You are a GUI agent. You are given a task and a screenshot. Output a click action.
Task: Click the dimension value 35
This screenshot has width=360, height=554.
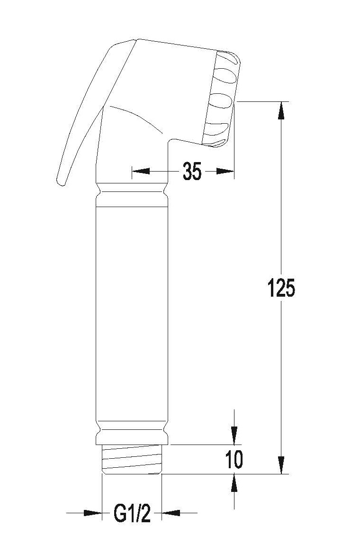192,172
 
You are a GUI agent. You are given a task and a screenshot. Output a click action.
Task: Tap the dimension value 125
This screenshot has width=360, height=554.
281,288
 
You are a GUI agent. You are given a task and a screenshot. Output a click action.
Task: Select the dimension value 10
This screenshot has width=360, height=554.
234,459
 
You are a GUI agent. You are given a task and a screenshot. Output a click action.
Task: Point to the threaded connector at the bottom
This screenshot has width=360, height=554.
132,459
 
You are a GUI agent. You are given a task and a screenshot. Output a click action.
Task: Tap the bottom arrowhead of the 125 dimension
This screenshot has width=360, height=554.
281,465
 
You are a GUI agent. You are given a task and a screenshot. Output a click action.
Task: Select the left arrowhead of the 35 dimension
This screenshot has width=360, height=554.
141,172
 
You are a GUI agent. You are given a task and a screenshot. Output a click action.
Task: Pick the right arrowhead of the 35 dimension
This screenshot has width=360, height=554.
225,172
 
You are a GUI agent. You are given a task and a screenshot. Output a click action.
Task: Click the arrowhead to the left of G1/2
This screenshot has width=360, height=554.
93,513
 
